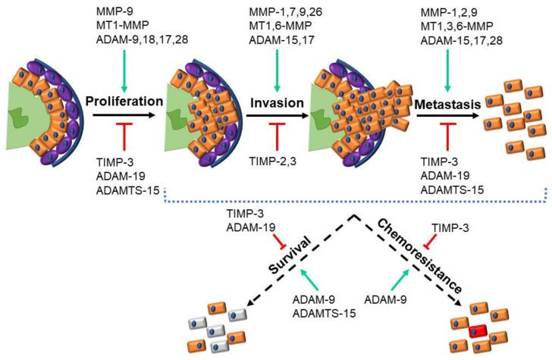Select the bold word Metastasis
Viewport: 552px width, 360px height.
coord(446,102)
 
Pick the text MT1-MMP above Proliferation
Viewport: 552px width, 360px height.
coord(121,28)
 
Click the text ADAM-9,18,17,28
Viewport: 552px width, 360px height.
coord(143,43)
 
